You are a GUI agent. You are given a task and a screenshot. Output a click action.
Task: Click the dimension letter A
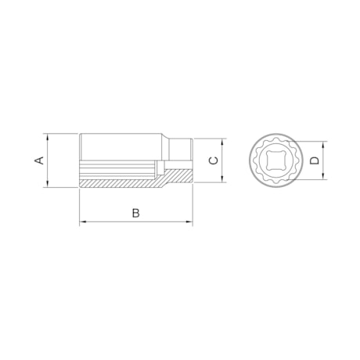(38, 160)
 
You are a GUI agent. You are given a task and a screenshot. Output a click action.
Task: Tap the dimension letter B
(135, 212)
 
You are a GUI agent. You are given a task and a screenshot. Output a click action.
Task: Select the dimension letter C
(212, 160)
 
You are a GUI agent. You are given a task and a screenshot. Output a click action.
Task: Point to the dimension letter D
(314, 160)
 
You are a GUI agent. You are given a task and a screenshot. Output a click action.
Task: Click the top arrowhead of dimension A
(48, 135)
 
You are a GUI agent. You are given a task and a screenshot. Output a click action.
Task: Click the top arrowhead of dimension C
(224, 142)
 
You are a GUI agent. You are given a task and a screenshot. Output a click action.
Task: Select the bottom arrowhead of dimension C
(224, 180)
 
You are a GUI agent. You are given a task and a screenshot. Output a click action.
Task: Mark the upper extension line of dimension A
(63, 132)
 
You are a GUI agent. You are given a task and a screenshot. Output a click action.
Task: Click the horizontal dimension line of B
(110, 222)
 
